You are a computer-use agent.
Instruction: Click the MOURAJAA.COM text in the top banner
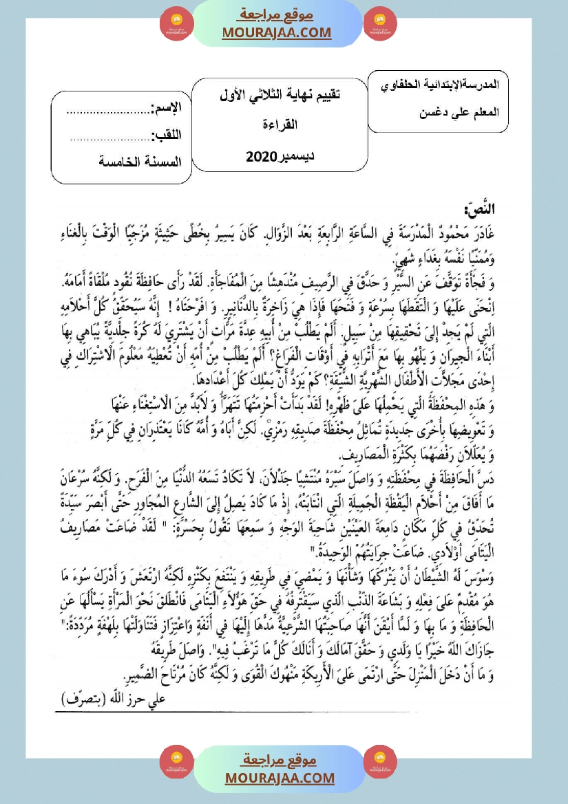click(x=277, y=32)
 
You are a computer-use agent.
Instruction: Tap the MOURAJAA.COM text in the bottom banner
click(x=280, y=778)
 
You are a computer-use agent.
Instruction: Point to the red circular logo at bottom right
click(x=381, y=762)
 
